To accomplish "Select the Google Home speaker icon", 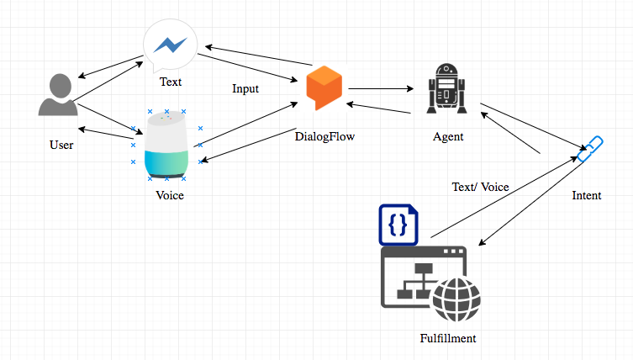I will (x=166, y=145).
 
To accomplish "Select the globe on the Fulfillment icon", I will (x=456, y=298).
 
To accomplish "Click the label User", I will (x=61, y=146).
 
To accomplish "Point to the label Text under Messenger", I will (x=171, y=82).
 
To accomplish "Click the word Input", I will (x=245, y=87).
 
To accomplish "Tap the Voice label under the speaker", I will (x=170, y=195).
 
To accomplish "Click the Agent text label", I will (x=447, y=136).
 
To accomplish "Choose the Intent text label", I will (x=586, y=195).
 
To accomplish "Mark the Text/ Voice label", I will (x=481, y=187).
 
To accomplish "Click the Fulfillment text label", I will (x=448, y=338).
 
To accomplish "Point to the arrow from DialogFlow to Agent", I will (x=382, y=87).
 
